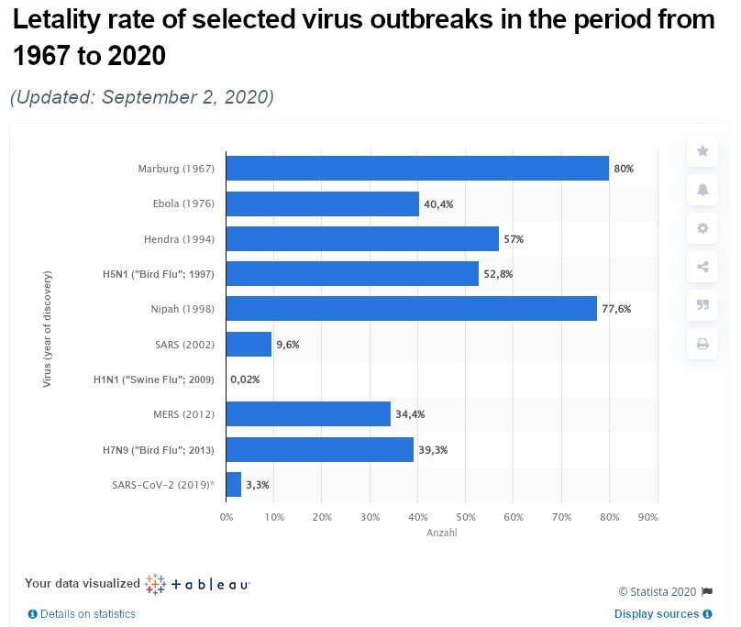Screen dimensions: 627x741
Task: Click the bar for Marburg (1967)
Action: click(x=417, y=169)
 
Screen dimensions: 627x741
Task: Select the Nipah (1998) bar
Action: click(x=411, y=309)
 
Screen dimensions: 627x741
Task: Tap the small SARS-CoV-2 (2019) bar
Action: click(x=234, y=484)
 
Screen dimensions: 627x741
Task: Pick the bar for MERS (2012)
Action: click(x=308, y=414)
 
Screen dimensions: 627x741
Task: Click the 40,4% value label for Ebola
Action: click(x=437, y=204)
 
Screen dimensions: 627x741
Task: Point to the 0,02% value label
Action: click(x=246, y=379)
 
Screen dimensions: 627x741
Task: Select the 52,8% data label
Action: click(x=498, y=274)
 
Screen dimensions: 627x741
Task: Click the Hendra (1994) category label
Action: click(x=179, y=239)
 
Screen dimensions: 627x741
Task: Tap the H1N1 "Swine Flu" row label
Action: click(x=154, y=379)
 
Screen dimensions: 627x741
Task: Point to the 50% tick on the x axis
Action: click(x=465, y=518)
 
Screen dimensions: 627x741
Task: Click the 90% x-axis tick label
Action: click(x=648, y=518)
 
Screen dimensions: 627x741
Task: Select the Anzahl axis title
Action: click(x=442, y=533)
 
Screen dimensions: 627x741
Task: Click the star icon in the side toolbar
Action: click(x=702, y=150)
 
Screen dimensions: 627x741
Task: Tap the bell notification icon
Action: click(x=702, y=190)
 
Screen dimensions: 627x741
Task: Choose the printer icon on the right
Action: click(x=702, y=345)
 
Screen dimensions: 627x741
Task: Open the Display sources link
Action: click(x=657, y=614)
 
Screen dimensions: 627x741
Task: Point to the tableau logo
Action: click(x=197, y=584)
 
